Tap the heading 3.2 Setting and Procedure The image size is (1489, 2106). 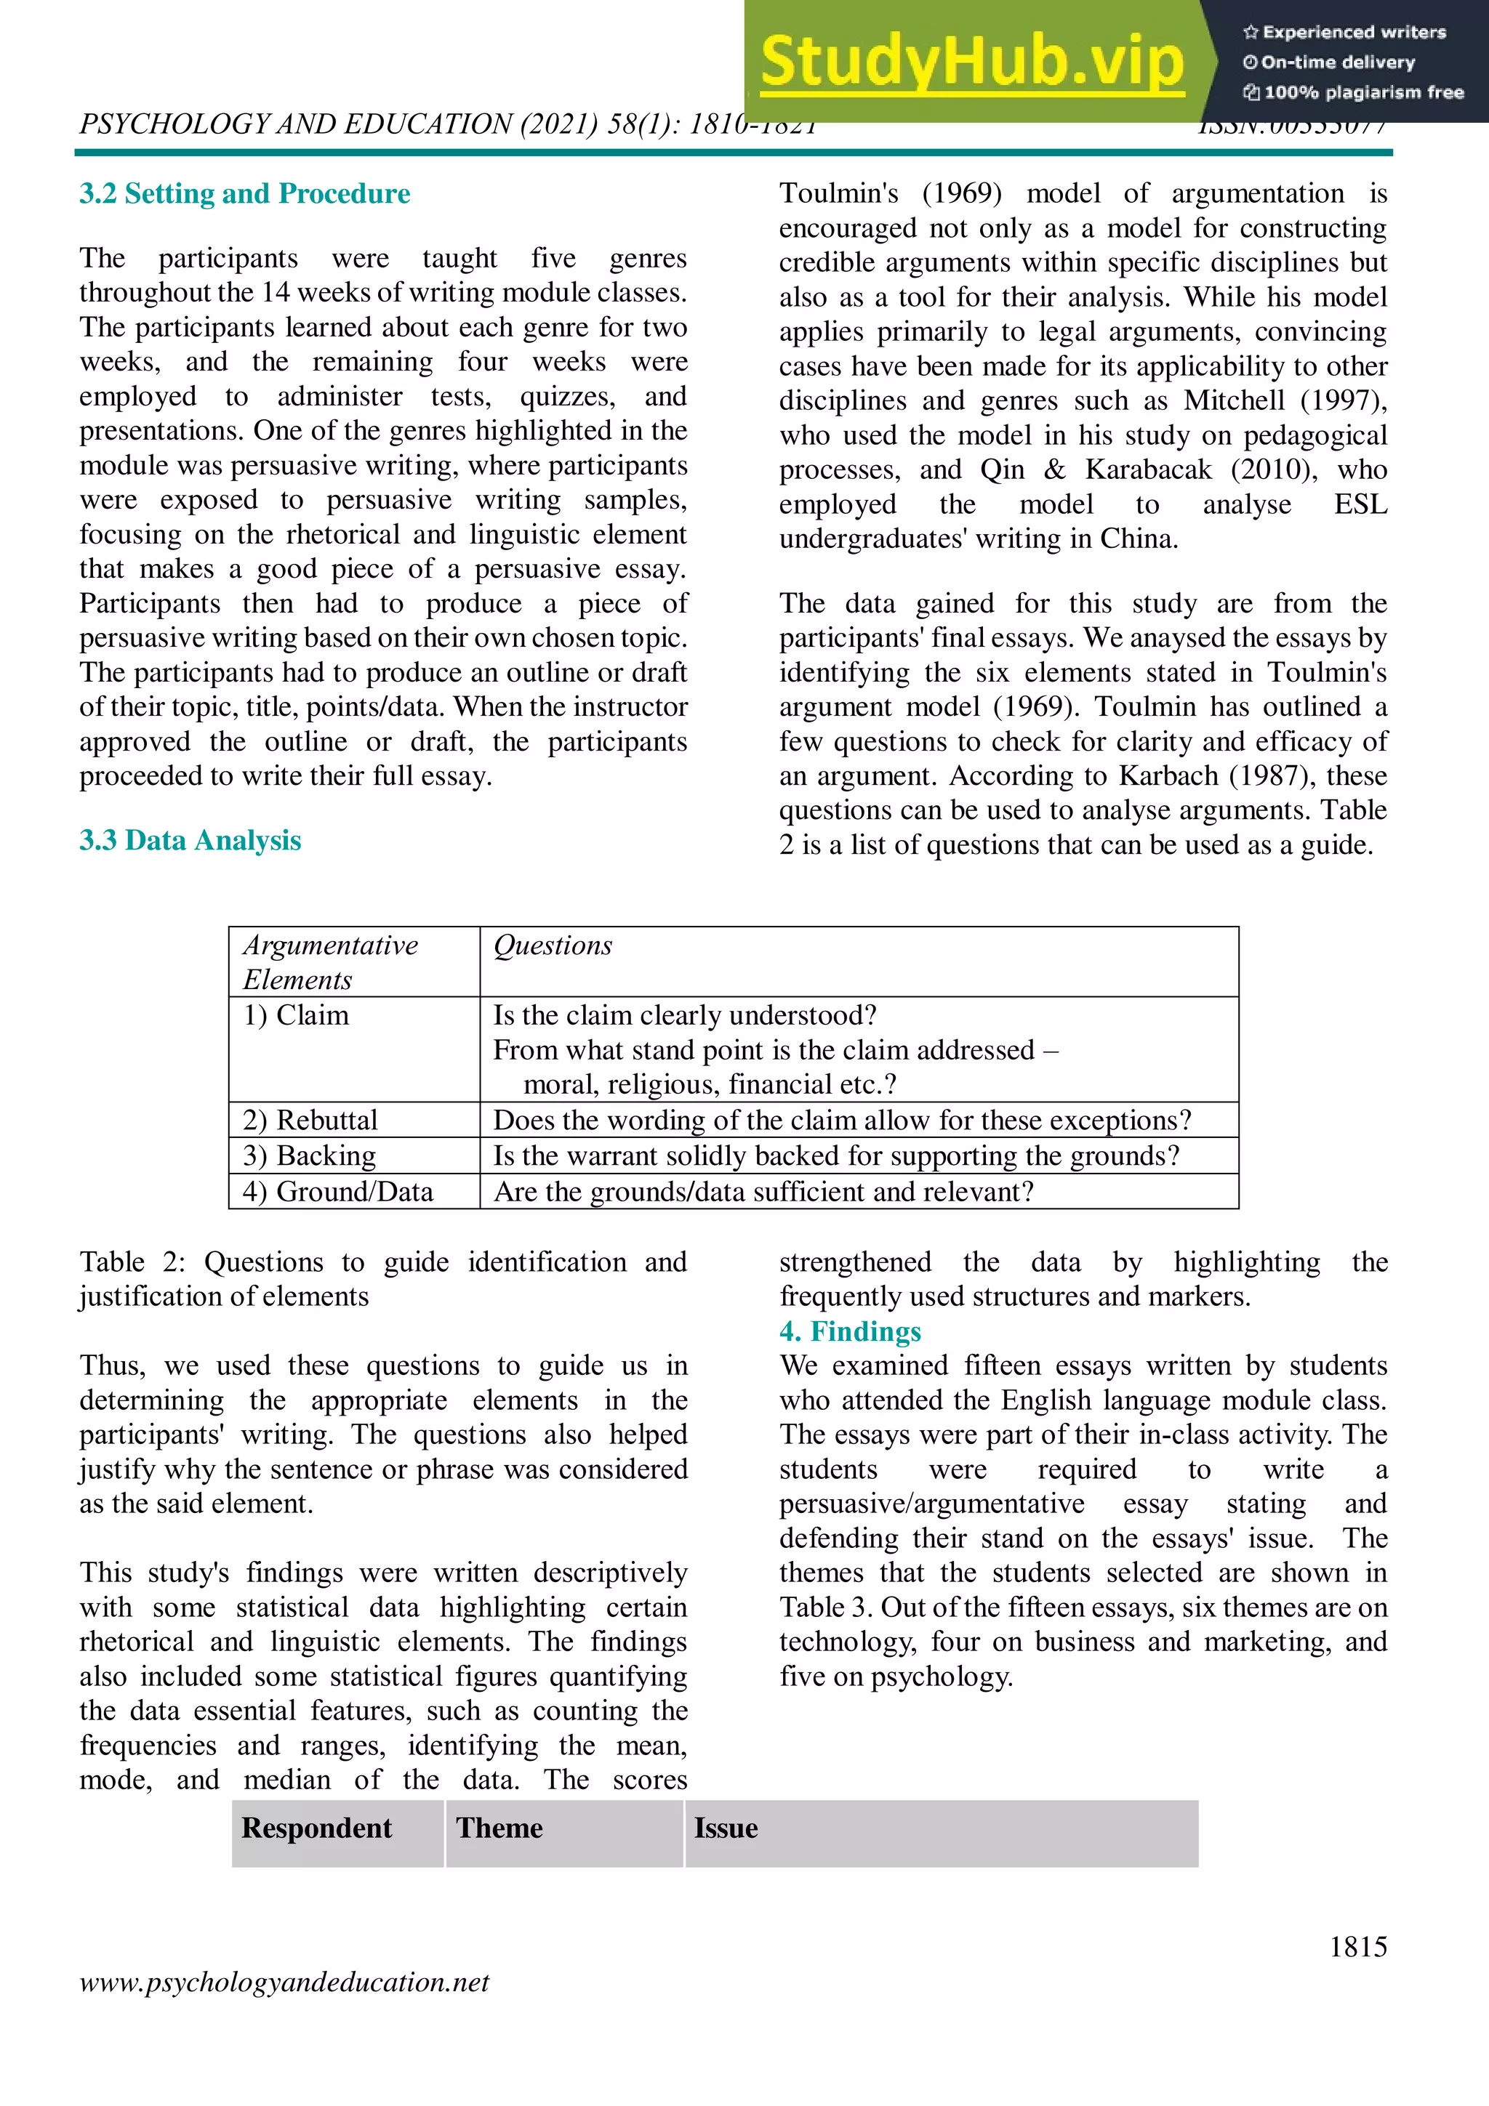(244, 193)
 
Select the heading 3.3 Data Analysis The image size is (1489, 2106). (190, 840)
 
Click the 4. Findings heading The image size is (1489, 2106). (849, 1331)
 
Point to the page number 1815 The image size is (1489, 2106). (1358, 1945)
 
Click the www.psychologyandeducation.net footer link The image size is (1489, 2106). (284, 1982)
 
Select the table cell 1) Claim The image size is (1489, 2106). (295, 1015)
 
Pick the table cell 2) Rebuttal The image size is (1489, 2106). (310, 1120)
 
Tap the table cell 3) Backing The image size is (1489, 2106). (309, 1155)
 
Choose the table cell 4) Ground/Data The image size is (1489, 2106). (337, 1192)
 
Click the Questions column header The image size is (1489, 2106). (553, 945)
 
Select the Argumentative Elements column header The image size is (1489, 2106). (329, 962)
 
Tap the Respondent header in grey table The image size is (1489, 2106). (316, 1828)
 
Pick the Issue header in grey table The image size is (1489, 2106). (725, 1828)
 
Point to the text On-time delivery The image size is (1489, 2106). (1337, 62)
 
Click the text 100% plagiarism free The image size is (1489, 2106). (1362, 92)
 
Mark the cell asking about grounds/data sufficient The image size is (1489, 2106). (763, 1192)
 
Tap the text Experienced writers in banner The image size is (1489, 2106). (1353, 32)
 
